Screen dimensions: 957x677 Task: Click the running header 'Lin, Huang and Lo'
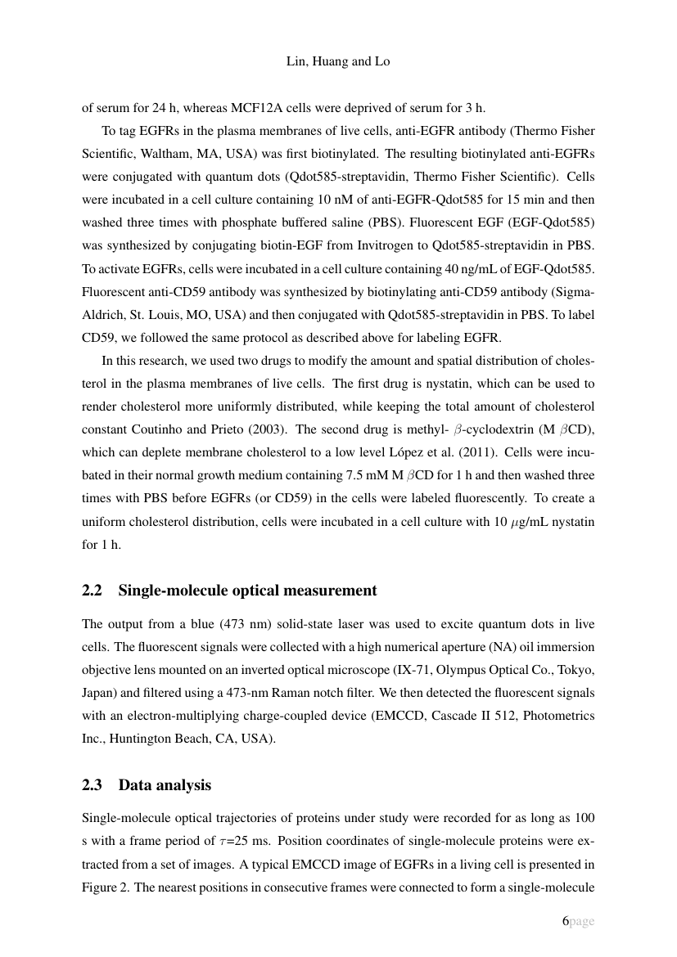coord(338,62)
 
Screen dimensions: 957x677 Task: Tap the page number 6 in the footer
coord(564,921)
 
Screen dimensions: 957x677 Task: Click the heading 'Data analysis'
coord(165,784)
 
